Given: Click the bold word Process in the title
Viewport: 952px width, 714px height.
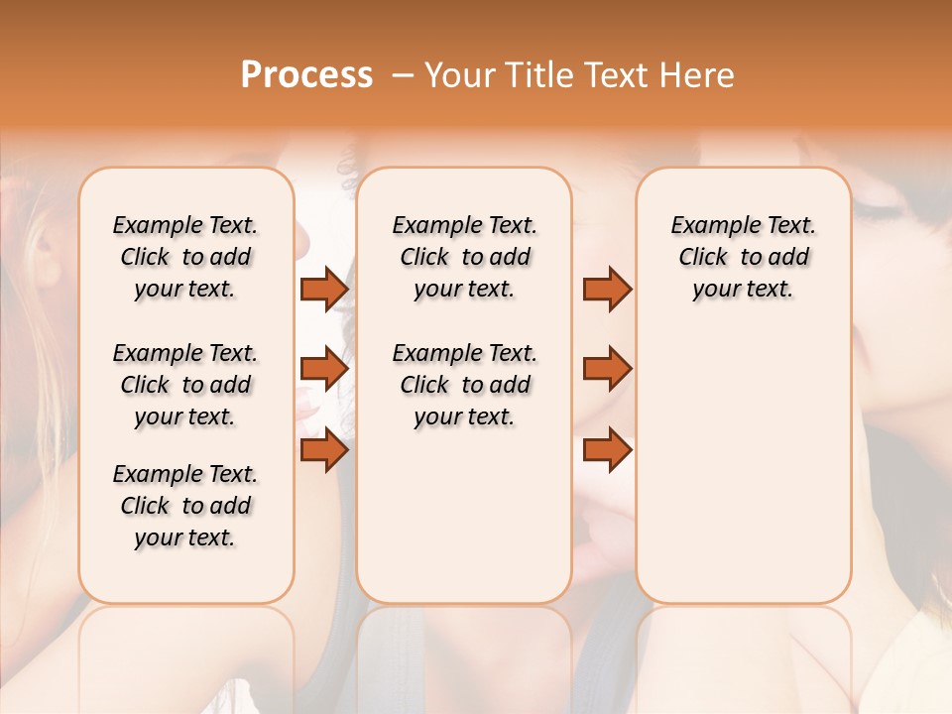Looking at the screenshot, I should pos(306,74).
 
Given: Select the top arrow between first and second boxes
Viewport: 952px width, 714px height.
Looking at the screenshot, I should pos(323,290).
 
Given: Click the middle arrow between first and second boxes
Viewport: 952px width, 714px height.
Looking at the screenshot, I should pos(323,370).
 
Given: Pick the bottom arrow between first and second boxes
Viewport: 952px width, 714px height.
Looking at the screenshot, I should pos(323,450).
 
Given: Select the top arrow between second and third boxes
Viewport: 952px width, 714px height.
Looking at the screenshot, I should pos(607,290).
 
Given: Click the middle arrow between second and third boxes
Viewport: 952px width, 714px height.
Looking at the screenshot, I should pos(607,370).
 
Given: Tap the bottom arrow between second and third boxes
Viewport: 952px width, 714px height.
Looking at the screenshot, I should pos(607,450).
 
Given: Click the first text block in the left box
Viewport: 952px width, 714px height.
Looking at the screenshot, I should pos(185,257).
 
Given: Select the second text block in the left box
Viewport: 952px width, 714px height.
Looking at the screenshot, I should pos(185,385).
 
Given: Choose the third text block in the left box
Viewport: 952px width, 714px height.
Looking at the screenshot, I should pos(185,506).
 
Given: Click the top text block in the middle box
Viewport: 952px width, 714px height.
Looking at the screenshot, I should pos(464,257).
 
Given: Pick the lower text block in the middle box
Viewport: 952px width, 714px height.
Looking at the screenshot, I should pos(464,385).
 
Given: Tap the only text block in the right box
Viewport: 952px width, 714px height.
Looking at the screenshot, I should pos(743,257).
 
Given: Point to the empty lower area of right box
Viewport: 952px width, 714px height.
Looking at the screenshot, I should pos(743,466).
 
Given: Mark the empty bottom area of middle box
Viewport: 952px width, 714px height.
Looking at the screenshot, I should pos(464,526).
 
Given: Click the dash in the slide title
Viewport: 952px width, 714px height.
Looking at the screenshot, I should pos(403,75).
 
